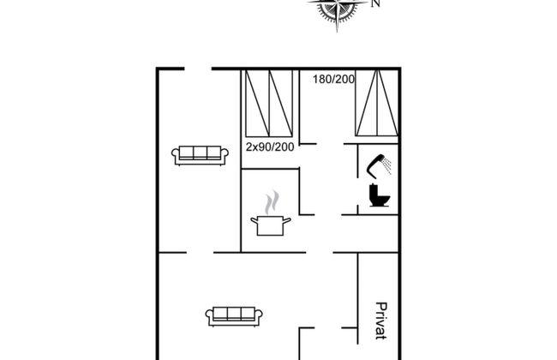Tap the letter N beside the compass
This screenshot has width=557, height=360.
(x=376, y=3)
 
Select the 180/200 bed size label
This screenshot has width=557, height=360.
(x=333, y=79)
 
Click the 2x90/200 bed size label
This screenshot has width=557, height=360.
(x=270, y=147)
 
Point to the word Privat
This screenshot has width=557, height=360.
(x=380, y=321)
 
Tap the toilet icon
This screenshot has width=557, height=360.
(x=380, y=195)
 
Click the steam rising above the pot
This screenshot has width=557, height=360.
(x=272, y=202)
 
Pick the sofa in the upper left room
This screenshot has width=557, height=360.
(x=200, y=155)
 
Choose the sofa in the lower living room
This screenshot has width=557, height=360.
(x=234, y=316)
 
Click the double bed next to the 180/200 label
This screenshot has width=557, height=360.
(x=377, y=103)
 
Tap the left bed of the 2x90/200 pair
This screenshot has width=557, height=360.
(x=257, y=103)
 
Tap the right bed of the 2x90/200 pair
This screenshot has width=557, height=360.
(x=281, y=103)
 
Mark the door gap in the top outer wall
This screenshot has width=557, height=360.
(x=198, y=69)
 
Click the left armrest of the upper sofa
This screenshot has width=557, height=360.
(x=176, y=155)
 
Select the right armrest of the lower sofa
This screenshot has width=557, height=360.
(x=258, y=316)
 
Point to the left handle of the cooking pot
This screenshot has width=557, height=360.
(x=255, y=221)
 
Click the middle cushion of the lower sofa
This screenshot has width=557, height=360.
(x=234, y=314)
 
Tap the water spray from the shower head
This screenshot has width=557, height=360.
(x=386, y=165)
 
